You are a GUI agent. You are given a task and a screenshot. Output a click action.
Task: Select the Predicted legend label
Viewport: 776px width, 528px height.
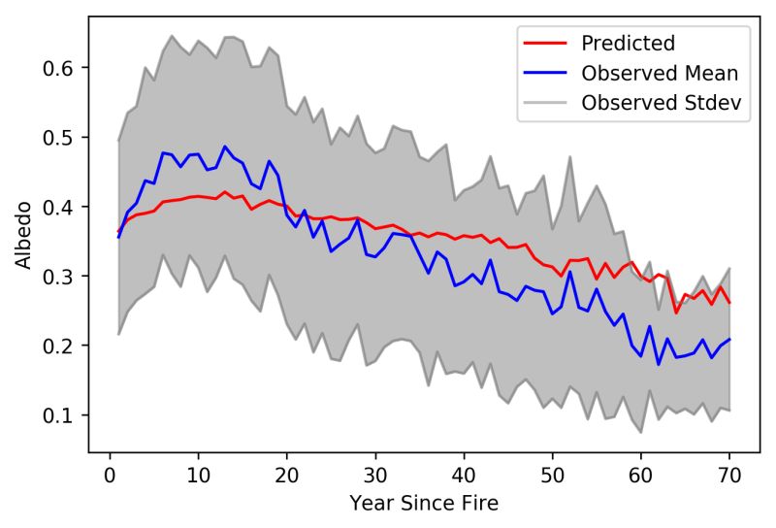coord(627,44)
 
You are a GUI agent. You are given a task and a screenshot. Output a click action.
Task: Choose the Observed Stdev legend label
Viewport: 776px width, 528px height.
coord(653,102)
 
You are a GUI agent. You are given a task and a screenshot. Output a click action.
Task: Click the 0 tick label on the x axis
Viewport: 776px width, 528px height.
coord(110,476)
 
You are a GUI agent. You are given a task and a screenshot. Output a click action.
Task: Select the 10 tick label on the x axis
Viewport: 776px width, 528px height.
coord(198,476)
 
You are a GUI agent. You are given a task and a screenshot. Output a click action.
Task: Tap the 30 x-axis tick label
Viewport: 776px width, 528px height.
coord(375,476)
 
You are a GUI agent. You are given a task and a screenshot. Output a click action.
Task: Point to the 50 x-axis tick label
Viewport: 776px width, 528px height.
coord(552,476)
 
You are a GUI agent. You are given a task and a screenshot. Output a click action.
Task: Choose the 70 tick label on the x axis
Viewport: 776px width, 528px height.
coord(729,476)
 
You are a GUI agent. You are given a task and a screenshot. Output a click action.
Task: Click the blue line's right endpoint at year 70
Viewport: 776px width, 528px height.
coord(729,339)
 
